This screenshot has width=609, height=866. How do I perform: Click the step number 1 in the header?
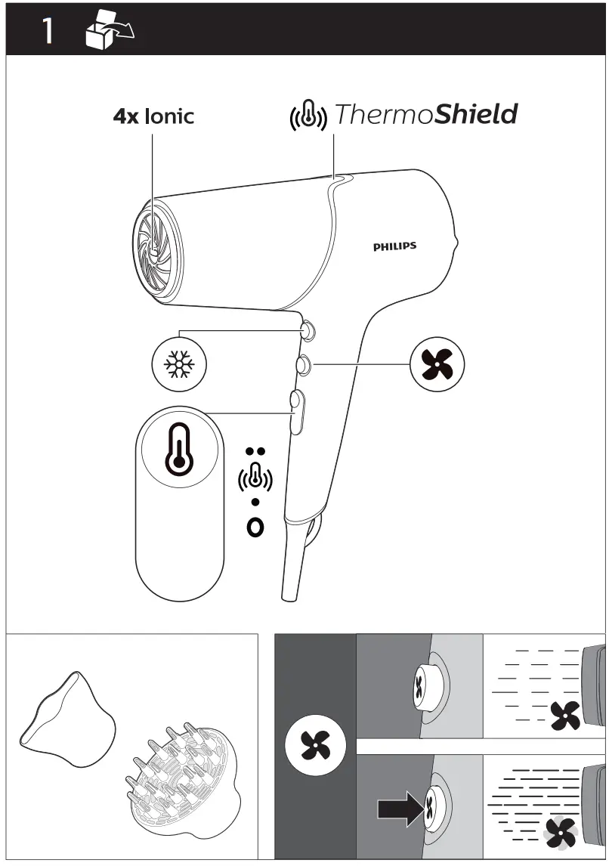pos(47,31)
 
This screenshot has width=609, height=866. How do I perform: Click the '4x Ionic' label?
pos(153,116)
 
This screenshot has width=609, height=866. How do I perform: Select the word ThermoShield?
pos(425,115)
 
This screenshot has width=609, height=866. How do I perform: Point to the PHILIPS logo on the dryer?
pos(394,246)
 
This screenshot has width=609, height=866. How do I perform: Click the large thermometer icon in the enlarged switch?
pos(180,451)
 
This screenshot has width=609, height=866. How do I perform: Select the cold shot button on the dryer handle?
pos(307,329)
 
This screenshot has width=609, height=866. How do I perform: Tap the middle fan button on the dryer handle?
pos(303,364)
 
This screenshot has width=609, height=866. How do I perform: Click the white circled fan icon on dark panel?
pos(315,745)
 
